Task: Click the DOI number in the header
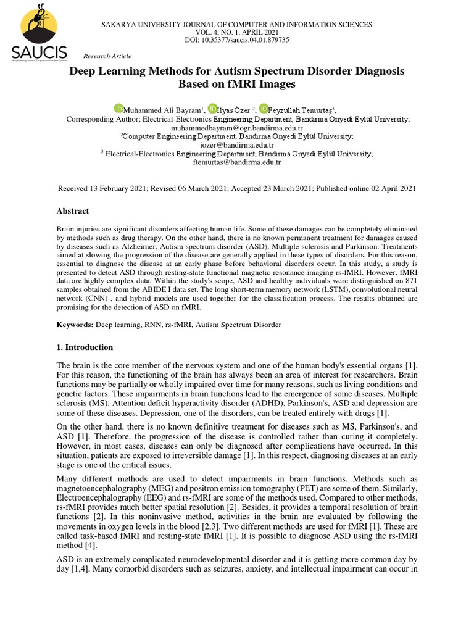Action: pos(260,40)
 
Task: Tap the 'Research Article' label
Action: pos(107,56)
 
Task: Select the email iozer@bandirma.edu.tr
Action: pos(236,144)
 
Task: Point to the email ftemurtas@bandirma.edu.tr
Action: pos(236,162)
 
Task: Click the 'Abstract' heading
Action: pos(72,211)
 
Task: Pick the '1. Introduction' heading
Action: pos(85,347)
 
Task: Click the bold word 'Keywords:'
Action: pos(75,324)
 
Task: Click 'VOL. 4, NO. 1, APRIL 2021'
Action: pos(236,32)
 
